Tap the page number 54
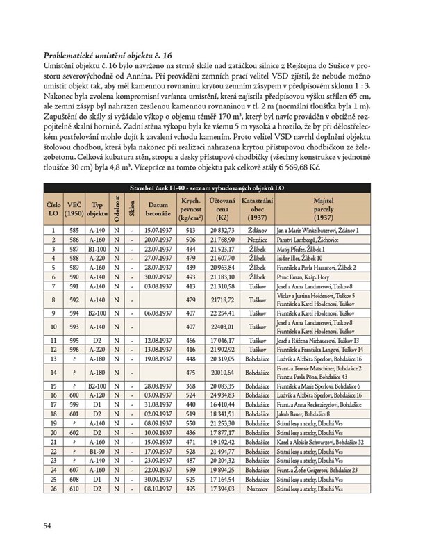(48, 525)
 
